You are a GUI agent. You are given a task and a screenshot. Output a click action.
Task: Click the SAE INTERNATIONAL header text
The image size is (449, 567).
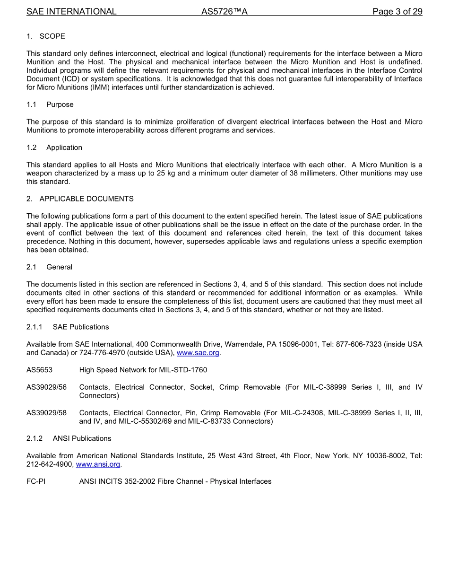[71, 11]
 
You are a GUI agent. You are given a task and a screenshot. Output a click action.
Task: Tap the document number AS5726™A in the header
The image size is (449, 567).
[224, 11]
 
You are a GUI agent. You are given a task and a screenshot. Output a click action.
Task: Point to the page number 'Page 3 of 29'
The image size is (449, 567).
[397, 11]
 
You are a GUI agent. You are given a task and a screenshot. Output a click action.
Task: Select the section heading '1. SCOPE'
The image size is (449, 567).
[46, 36]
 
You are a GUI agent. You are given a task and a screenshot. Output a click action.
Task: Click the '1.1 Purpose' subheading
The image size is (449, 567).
[50, 105]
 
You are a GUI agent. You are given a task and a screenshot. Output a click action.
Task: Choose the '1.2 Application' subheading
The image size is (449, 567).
[54, 148]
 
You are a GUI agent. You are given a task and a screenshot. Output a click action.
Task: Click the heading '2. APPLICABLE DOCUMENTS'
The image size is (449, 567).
[80, 199]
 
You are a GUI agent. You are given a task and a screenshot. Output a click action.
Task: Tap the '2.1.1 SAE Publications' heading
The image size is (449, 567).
[68, 327]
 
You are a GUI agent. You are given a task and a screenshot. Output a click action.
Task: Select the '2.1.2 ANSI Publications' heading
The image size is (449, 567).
[69, 438]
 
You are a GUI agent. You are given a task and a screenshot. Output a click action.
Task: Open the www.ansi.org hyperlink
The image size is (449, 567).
[98, 464]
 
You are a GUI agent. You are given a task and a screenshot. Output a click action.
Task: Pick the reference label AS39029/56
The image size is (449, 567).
[46, 387]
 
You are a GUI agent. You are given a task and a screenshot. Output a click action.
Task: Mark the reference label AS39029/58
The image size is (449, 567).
[46, 413]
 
